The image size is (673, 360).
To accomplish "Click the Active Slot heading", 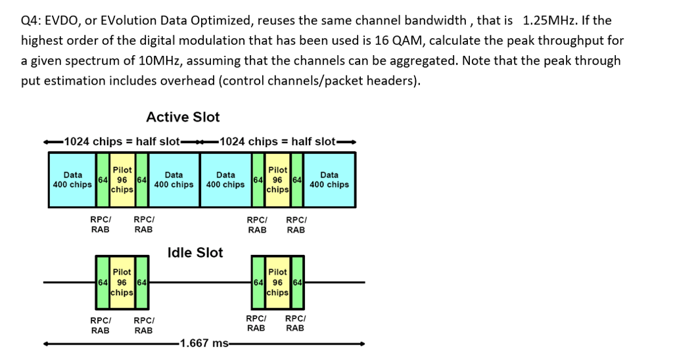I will pyautogui.click(x=183, y=117).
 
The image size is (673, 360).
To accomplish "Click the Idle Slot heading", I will pyautogui.click(x=195, y=252).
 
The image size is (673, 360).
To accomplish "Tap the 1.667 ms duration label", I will pyautogui.click(x=204, y=343).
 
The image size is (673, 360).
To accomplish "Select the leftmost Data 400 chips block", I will pyautogui.click(x=72, y=179).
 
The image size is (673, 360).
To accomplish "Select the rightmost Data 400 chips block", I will pyautogui.click(x=329, y=179).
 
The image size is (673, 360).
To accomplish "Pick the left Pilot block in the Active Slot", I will pyautogui.click(x=122, y=179).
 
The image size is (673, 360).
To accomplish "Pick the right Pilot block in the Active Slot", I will pyautogui.click(x=278, y=179).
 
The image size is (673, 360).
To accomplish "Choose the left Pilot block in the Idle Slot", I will pyautogui.click(x=122, y=282).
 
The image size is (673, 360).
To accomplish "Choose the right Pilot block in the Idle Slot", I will pyautogui.click(x=278, y=282).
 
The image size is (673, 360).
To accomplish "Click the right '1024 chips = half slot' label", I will pyautogui.click(x=278, y=142).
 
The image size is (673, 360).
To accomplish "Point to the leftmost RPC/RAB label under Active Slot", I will pyautogui.click(x=101, y=224).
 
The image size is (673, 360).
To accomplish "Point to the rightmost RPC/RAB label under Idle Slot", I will pyautogui.click(x=296, y=323).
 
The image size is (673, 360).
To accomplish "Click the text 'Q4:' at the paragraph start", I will pyautogui.click(x=32, y=20).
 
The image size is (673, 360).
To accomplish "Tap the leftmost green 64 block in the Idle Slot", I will pyautogui.click(x=103, y=282).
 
